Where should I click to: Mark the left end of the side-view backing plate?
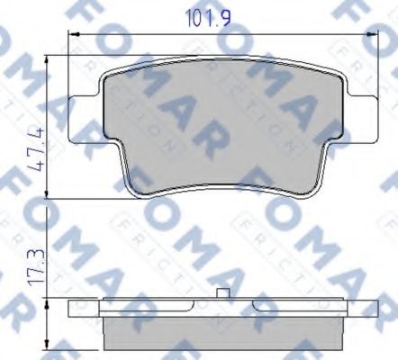coord(72,310)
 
